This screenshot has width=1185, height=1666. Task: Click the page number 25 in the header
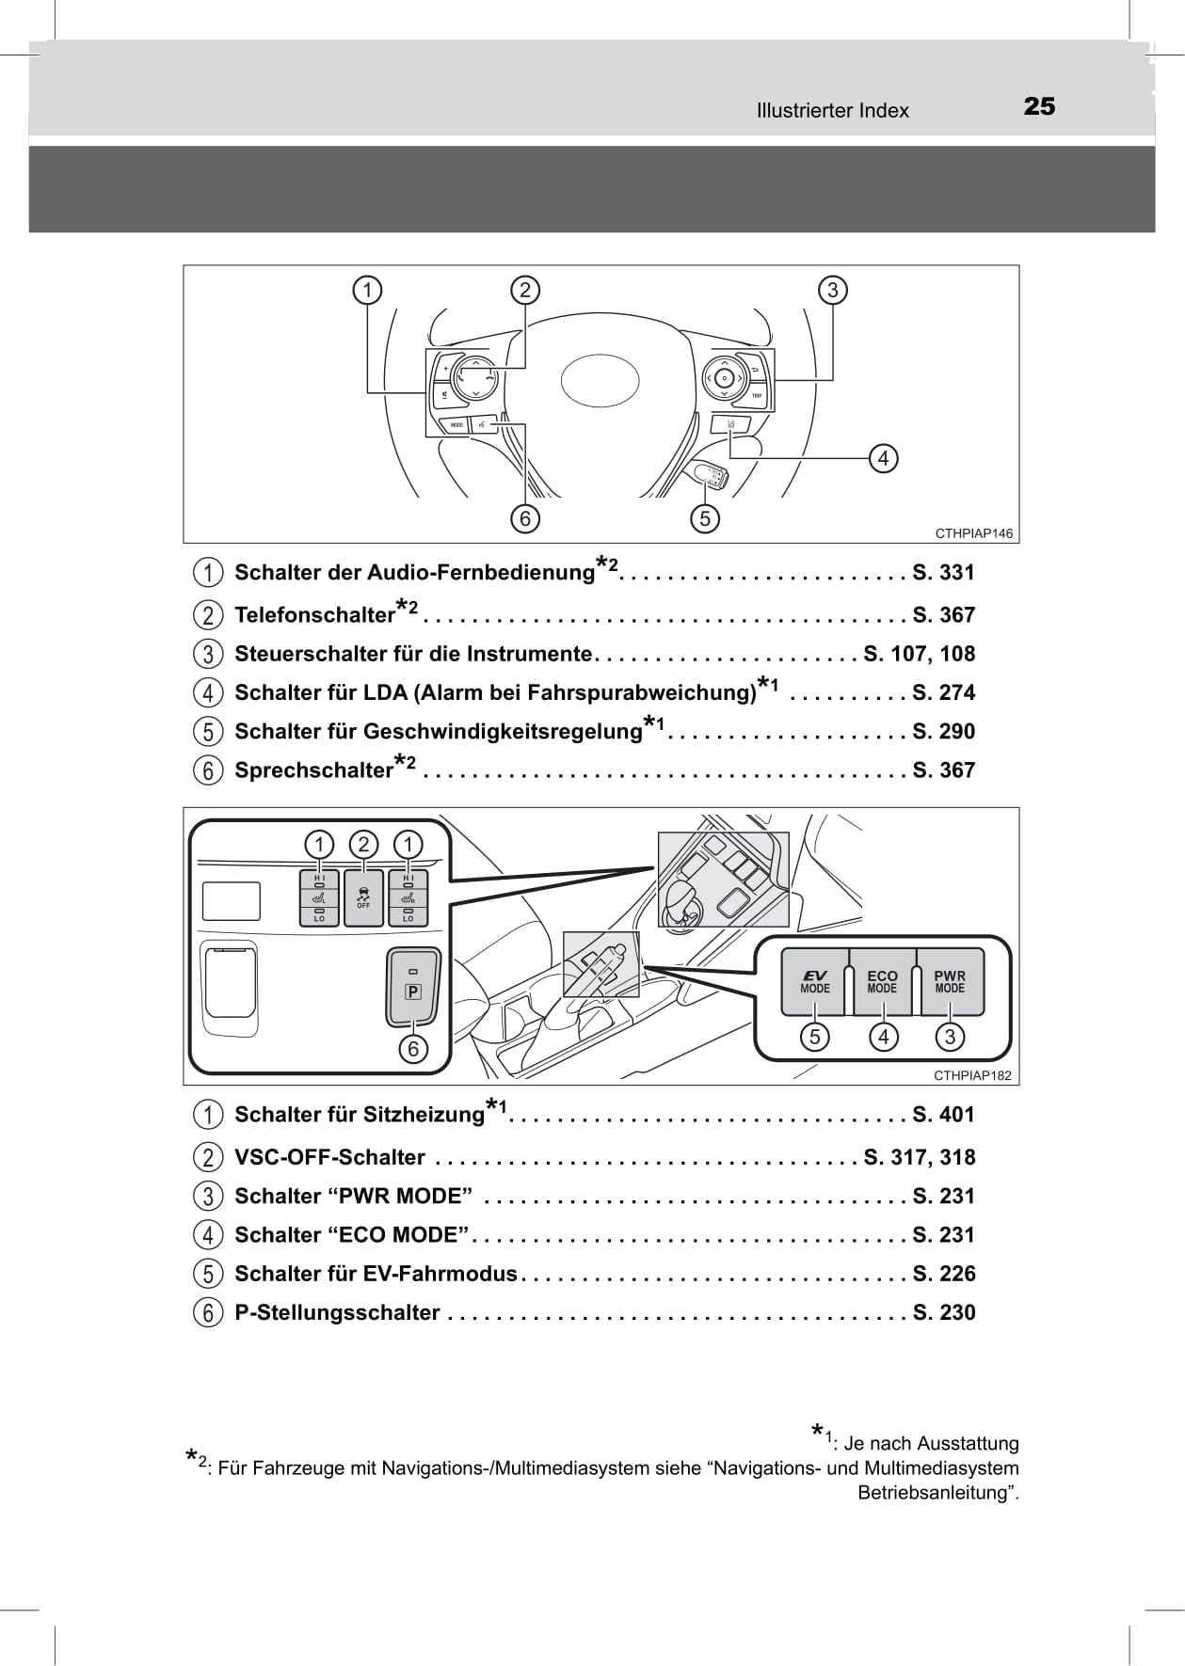coord(1039,106)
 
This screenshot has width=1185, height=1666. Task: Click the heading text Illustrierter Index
coord(832,111)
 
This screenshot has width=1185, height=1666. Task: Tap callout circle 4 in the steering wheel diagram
coord(883,458)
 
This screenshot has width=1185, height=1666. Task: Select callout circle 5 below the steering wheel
coord(704,517)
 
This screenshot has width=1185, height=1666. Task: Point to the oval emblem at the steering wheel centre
coord(600,381)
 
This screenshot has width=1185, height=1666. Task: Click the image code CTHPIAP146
coord(973,533)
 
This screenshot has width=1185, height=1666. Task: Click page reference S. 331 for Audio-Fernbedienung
coord(943,573)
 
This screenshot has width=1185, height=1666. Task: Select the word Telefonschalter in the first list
coord(314,615)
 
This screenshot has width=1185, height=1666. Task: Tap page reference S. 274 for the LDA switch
coord(943,693)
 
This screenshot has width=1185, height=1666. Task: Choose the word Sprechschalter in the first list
coord(313,770)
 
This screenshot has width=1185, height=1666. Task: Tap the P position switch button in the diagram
coord(412,987)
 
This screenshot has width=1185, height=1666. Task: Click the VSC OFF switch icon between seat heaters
coord(363,897)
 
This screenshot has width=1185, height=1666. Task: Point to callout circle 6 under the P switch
coord(412,1048)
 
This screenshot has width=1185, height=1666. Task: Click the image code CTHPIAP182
coord(972,1075)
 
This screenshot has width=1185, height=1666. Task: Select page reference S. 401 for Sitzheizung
coord(943,1115)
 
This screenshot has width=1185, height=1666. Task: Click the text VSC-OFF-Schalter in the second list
coord(329,1158)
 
